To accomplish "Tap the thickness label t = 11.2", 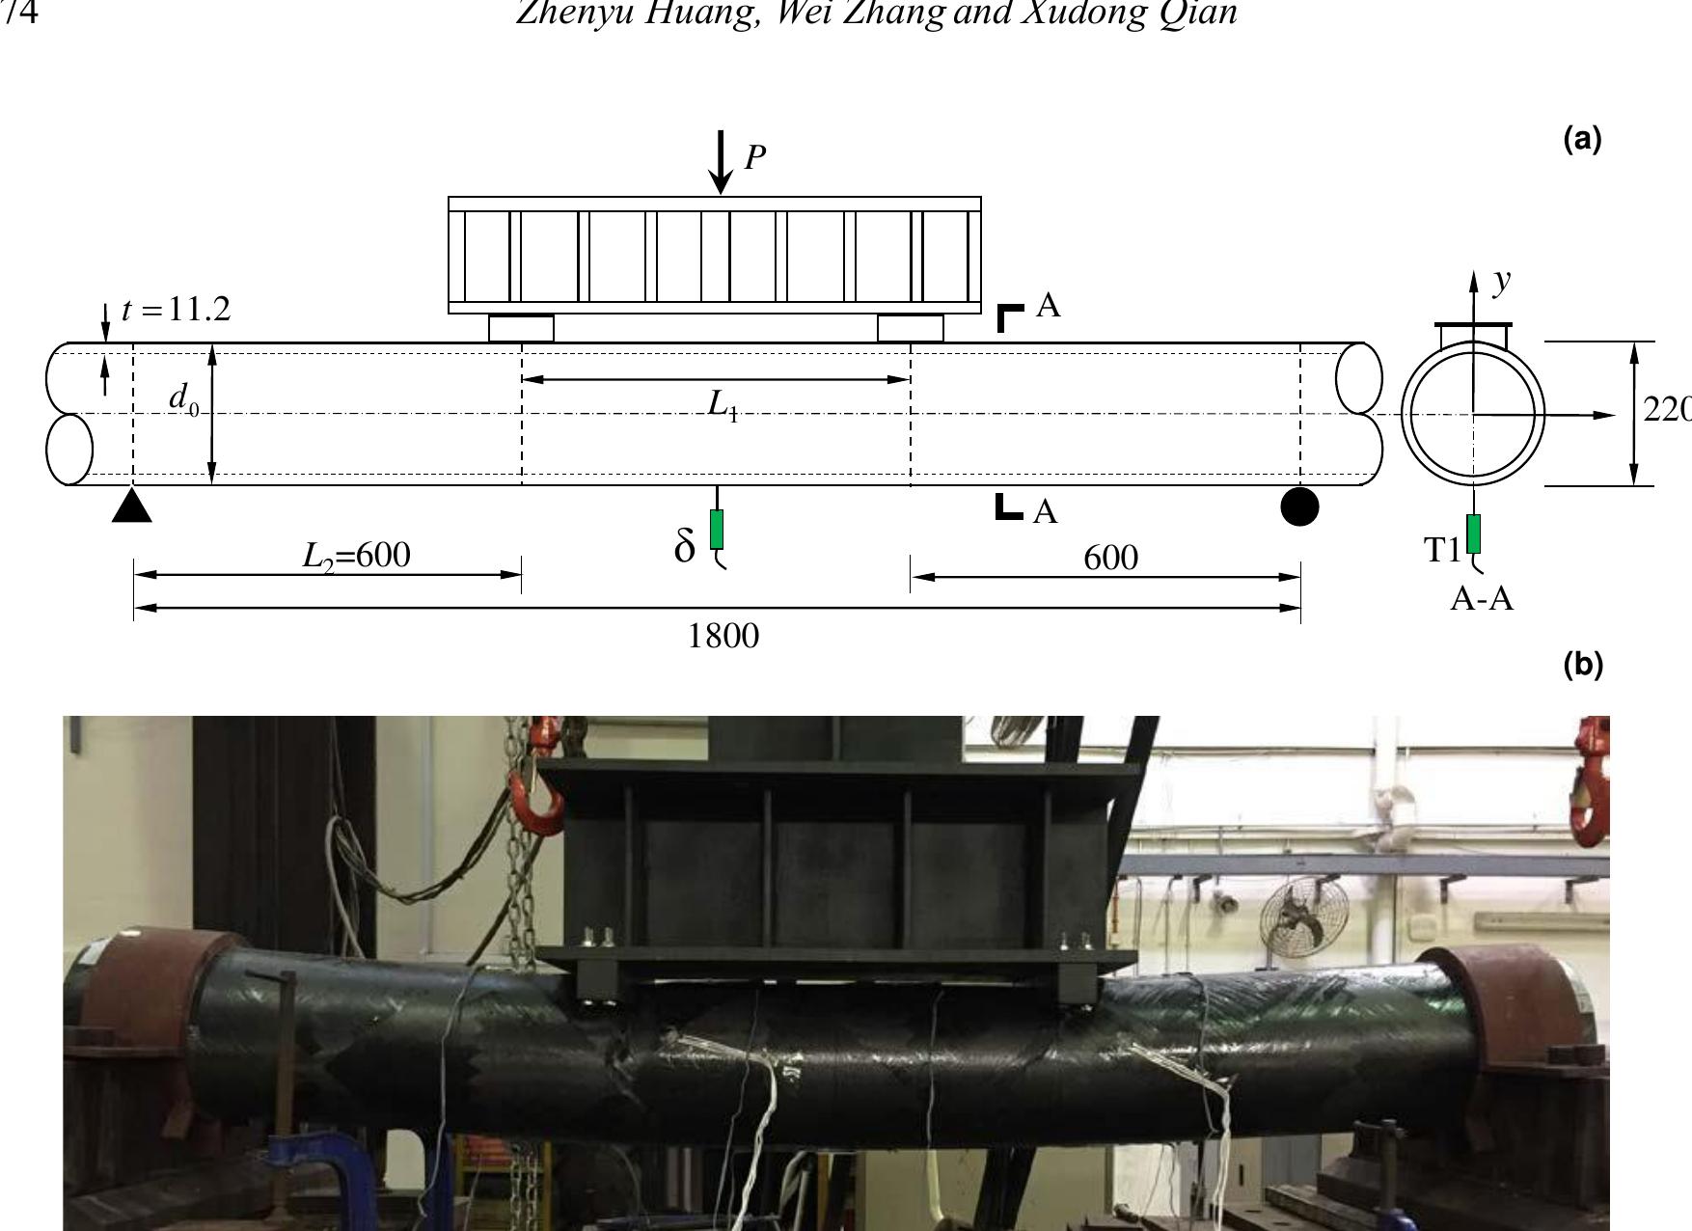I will coord(177,310).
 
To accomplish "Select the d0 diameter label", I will coord(183,398).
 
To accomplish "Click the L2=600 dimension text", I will coord(356,556).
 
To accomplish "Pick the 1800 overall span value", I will coord(723,637).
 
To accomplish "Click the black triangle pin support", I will coord(132,506).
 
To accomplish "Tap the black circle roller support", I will coord(1299,506).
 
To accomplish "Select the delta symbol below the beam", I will coord(685,547).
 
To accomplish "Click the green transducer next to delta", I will coord(717,529).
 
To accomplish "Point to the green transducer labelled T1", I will coord(1473,533).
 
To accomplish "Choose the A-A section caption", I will coord(1482,599).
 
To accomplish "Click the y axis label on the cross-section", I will coord(1502,281).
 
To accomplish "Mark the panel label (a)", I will coord(1582,140).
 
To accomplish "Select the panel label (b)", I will coord(1582,665).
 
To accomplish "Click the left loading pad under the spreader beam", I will coord(521,328).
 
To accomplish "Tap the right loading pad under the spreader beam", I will coord(910,328).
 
